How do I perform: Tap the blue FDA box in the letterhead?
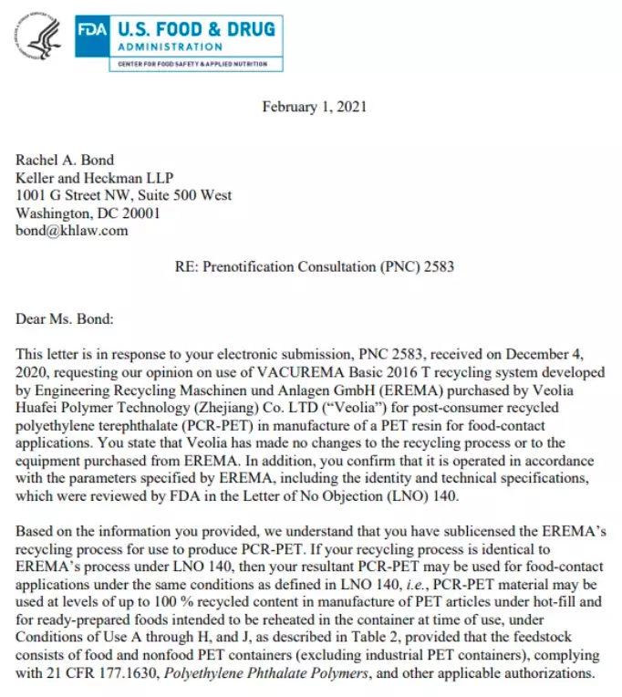[93, 31]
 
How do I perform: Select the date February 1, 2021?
[315, 107]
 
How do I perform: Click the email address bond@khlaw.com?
[72, 230]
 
